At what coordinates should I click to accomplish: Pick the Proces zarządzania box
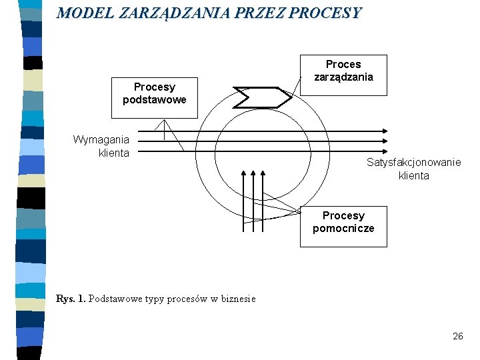point(343,71)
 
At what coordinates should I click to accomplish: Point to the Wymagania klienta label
point(101,146)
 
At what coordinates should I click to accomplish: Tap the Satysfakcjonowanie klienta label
point(413,169)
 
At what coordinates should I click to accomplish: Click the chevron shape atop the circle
point(262,97)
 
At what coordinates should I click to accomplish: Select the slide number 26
point(457,336)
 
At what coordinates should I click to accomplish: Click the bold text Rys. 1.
point(71,299)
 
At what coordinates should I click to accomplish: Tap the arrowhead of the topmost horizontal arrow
point(387,131)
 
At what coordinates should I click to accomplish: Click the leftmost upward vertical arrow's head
point(244,173)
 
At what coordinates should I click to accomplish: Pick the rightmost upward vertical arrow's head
point(275,173)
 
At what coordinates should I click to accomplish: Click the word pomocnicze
point(343,229)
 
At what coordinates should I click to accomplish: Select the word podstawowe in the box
point(154,100)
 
